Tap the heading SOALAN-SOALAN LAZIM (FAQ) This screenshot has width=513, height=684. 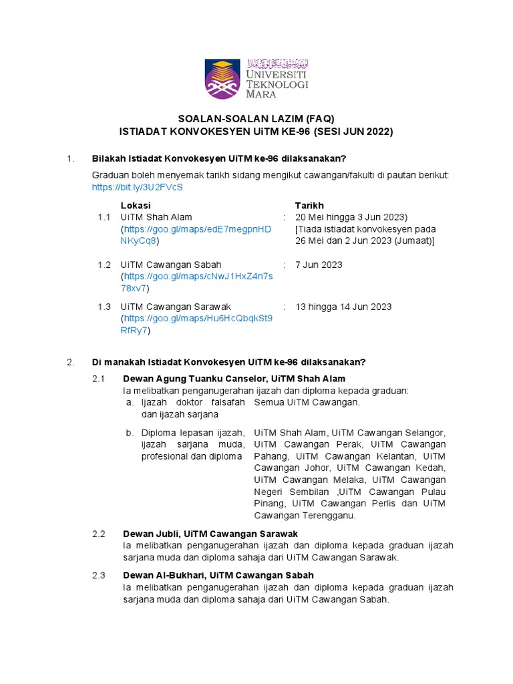point(256,118)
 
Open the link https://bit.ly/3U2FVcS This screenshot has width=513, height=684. point(137,187)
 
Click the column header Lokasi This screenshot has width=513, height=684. point(136,205)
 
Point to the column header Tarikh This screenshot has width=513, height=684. point(309,205)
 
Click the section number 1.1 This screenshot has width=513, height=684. point(104,217)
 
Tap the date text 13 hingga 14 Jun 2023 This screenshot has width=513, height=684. point(343,307)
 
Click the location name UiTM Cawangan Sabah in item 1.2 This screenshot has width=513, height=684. point(171,265)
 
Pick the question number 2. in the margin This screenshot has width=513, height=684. point(70,362)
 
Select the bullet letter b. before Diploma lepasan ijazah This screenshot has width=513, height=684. point(130,432)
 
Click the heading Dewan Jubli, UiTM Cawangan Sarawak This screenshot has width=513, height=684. point(210,534)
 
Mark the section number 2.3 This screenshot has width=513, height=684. point(99,575)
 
